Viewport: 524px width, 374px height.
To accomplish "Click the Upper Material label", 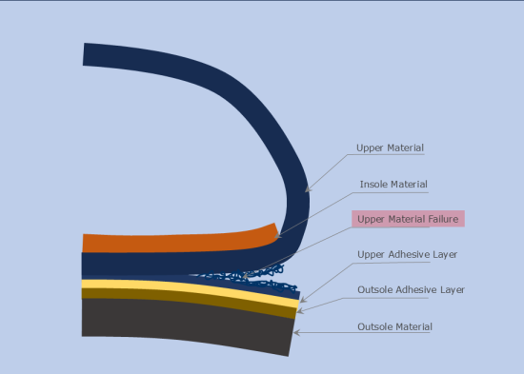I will [x=390, y=148].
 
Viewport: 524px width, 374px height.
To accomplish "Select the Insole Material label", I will [x=393, y=184].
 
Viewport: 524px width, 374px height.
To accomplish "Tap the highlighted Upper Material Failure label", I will [x=408, y=219].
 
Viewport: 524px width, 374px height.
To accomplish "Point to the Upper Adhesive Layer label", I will [x=407, y=254].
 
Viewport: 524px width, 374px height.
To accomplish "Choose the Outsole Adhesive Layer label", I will [x=411, y=289].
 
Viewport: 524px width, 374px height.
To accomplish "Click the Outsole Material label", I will [x=394, y=326].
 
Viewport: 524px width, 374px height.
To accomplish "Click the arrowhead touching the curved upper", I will [x=307, y=190].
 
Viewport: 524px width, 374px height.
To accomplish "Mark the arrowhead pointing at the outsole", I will [x=295, y=332].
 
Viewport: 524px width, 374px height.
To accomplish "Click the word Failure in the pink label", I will [x=441, y=219].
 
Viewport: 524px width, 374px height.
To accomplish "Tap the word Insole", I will [x=374, y=184].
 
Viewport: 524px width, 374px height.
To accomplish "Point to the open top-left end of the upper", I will [x=87, y=54].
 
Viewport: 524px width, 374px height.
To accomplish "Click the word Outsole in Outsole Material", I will [x=375, y=326].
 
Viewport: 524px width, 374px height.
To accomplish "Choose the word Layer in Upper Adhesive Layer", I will [x=444, y=254].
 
